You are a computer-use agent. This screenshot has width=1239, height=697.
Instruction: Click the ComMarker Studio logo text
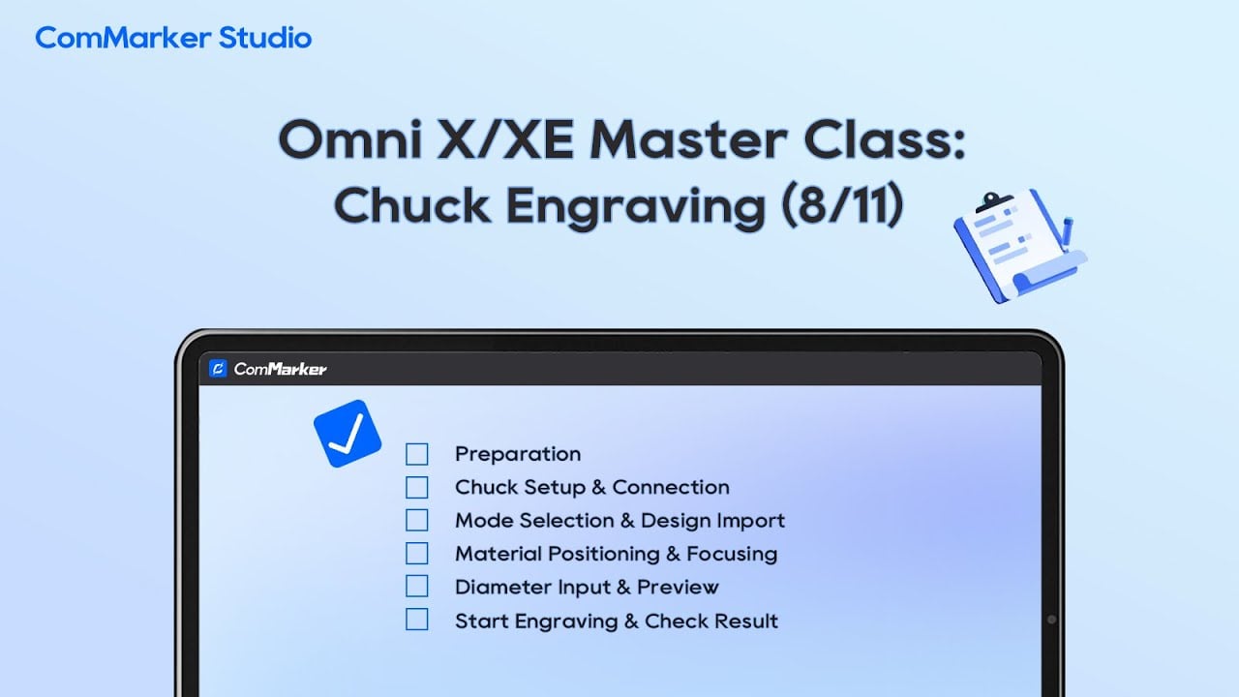click(x=173, y=38)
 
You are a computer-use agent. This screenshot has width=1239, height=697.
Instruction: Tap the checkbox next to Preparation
click(x=416, y=454)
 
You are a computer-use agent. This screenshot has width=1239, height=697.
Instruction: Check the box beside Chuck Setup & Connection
click(x=416, y=487)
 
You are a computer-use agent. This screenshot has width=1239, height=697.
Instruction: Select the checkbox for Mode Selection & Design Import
click(x=416, y=520)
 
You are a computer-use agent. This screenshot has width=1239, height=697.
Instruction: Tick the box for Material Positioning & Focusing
click(x=416, y=553)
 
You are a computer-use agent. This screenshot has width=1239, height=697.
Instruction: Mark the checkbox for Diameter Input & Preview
click(x=416, y=587)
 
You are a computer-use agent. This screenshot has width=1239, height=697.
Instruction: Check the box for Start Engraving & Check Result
click(x=416, y=620)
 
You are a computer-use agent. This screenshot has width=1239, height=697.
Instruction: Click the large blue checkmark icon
click(x=348, y=434)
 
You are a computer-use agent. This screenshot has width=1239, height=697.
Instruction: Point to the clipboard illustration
click(x=1020, y=246)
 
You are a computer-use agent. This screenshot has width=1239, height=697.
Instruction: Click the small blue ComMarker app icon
click(x=218, y=369)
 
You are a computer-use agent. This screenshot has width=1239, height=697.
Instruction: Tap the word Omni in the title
click(x=351, y=139)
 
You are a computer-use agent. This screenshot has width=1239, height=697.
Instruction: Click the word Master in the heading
click(x=688, y=139)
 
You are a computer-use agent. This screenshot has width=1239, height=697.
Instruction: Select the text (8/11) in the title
click(x=843, y=204)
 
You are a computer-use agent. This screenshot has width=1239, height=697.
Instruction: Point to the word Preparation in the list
click(x=518, y=455)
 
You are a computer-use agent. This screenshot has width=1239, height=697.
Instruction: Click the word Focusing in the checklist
click(x=732, y=555)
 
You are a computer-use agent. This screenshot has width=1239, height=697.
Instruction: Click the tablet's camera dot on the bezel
click(x=1051, y=620)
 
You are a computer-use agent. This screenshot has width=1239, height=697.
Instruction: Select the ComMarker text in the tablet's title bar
click(x=280, y=369)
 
